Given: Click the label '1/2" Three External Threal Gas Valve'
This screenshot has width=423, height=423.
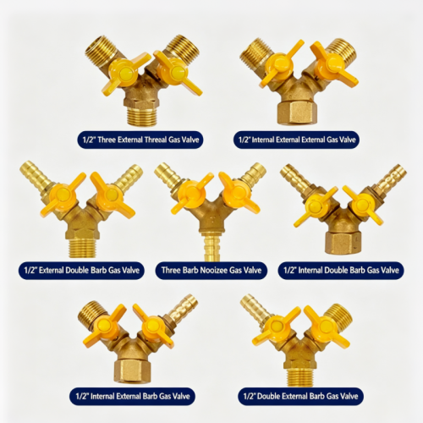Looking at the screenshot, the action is [x=140, y=140].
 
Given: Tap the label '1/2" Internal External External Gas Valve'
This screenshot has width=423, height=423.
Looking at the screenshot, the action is [x=296, y=140].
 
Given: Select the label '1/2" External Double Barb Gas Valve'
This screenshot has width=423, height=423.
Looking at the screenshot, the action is [x=81, y=271].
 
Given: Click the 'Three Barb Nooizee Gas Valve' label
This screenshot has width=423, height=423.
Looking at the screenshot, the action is [x=211, y=271].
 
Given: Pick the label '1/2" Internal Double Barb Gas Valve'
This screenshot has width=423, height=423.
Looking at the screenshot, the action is [x=341, y=271].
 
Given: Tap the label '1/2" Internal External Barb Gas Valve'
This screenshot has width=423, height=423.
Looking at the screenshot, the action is [x=132, y=396].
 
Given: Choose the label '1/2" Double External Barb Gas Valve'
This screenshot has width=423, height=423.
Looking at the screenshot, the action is [x=300, y=396].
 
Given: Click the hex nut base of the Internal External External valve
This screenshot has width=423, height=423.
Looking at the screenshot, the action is [x=297, y=113].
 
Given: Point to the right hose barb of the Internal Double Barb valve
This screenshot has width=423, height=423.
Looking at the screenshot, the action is [x=393, y=177].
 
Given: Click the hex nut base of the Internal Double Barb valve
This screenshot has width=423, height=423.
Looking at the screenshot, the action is [x=343, y=242].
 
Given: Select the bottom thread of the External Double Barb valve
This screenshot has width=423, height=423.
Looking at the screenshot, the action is [x=83, y=247].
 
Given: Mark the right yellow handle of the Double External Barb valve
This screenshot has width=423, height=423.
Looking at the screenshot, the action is [x=327, y=327].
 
